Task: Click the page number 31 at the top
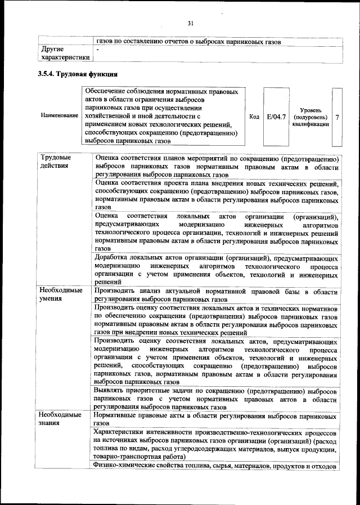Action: (x=190, y=23)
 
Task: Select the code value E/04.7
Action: (x=276, y=116)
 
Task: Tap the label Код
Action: (x=254, y=117)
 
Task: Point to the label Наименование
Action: (x=60, y=115)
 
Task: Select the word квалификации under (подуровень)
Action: (x=311, y=124)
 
